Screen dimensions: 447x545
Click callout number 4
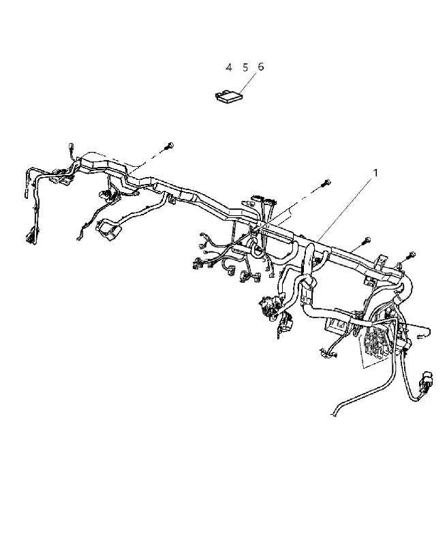coord(228,67)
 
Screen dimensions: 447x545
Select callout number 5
coord(245,67)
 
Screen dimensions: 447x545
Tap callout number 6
coord(261,66)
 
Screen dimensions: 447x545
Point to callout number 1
coord(375,173)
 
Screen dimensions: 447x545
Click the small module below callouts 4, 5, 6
coord(228,95)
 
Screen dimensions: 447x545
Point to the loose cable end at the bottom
coord(333,414)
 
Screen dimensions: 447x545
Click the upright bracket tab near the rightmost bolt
coord(382,264)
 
